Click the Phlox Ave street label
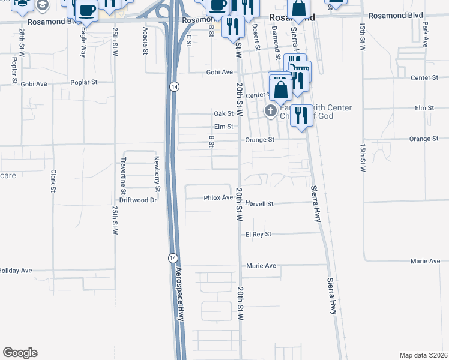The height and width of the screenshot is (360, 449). pyautogui.click(x=218, y=197)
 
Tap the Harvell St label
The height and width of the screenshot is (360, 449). pyautogui.click(x=259, y=204)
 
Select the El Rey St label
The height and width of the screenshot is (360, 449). pyautogui.click(x=258, y=234)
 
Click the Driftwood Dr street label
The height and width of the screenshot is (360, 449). pyautogui.click(x=138, y=200)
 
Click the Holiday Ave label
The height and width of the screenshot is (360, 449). pyautogui.click(x=16, y=271)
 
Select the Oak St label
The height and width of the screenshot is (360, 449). pyautogui.click(x=223, y=113)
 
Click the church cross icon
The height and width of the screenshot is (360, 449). pyautogui.click(x=270, y=111)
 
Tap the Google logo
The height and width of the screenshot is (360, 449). pyautogui.click(x=20, y=353)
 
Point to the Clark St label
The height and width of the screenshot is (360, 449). pyautogui.click(x=53, y=181)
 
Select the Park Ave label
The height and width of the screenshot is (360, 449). pyautogui.click(x=425, y=35)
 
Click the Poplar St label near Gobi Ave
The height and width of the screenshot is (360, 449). pyautogui.click(x=83, y=83)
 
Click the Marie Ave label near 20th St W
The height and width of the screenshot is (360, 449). pyautogui.click(x=261, y=266)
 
